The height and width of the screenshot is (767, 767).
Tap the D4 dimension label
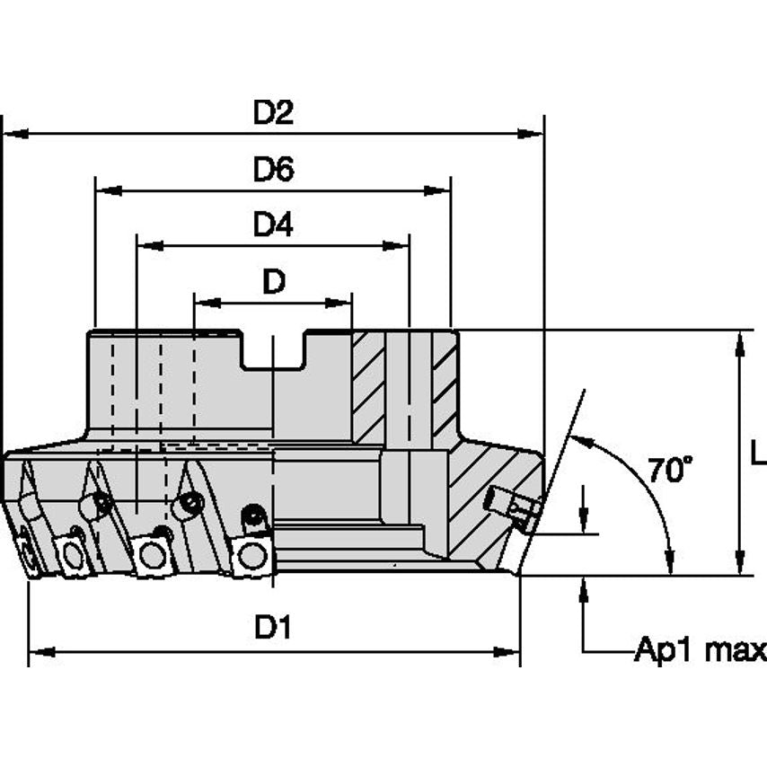point(273,225)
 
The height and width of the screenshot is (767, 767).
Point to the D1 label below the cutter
point(273,628)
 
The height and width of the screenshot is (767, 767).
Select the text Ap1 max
point(700,649)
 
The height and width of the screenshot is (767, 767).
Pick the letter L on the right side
point(758,454)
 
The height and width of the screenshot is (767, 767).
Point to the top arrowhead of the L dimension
point(740,342)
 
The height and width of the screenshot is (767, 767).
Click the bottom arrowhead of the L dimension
point(740,563)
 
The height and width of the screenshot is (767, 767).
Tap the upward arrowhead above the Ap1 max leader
point(585,589)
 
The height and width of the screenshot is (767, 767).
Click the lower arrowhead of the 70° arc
point(669,560)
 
